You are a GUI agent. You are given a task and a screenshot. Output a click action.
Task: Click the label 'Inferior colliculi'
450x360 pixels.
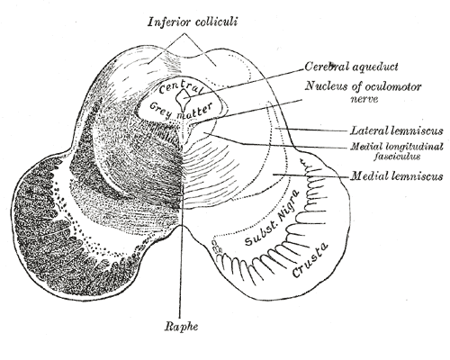[x=193, y=22]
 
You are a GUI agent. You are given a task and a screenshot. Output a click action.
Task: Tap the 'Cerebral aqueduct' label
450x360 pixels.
[x=351, y=67]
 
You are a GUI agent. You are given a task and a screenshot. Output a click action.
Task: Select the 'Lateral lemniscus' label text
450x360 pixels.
[x=397, y=130]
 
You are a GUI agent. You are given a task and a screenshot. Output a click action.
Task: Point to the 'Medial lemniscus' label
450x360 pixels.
[x=397, y=175]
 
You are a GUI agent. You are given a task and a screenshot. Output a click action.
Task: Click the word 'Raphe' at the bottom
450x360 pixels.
[x=181, y=327]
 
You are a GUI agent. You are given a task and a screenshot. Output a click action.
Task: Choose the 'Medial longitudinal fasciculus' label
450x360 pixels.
[x=397, y=151]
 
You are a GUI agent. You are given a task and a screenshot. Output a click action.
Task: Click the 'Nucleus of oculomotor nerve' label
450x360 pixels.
[x=364, y=93]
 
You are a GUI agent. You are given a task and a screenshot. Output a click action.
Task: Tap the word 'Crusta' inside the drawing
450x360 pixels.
[x=310, y=260]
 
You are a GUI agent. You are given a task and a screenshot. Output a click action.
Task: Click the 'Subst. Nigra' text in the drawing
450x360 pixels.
[x=272, y=218]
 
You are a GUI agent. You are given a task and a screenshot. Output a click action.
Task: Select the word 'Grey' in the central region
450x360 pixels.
[x=160, y=110]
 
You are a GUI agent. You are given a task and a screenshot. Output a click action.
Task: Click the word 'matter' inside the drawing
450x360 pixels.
[x=195, y=111]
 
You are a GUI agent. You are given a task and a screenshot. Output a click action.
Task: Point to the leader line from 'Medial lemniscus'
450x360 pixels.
[x=310, y=175]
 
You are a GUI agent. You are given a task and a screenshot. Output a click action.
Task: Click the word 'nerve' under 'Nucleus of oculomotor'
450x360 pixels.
[x=364, y=99]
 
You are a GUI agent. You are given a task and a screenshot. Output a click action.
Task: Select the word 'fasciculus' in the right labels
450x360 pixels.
[x=397, y=157]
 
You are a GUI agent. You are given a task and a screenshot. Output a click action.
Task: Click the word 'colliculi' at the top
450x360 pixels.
[x=216, y=22]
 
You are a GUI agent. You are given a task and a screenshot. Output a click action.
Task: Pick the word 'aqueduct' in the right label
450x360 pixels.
[x=375, y=67]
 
